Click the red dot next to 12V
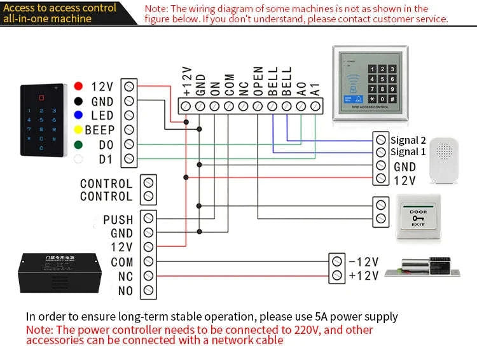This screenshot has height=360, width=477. [x=78, y=86]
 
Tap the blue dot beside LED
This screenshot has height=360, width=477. [x=78, y=115]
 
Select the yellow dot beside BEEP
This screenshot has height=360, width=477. [x=78, y=130]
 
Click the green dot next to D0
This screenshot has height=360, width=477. [x=78, y=144]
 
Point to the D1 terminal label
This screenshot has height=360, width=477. [x=106, y=159]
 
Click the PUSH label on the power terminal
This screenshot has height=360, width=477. [x=118, y=220]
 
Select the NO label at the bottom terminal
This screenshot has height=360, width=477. [x=125, y=291]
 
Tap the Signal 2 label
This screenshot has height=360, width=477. [x=408, y=140]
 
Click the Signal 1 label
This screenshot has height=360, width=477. [x=408, y=152]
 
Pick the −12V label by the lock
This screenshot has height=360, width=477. [x=364, y=261]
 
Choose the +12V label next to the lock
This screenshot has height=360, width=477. [x=364, y=275]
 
